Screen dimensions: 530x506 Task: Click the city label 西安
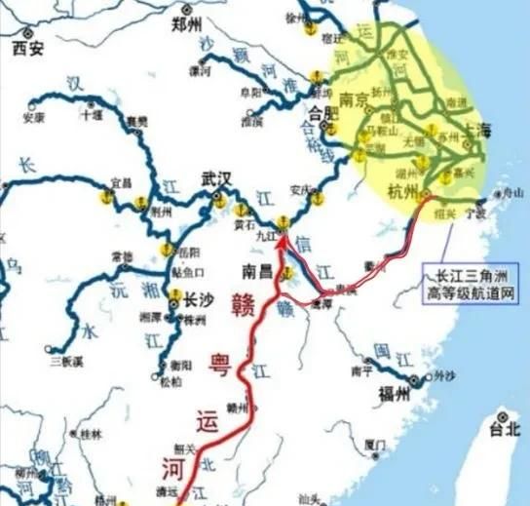click(x=28, y=46)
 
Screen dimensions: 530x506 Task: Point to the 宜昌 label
click(x=121, y=182)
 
